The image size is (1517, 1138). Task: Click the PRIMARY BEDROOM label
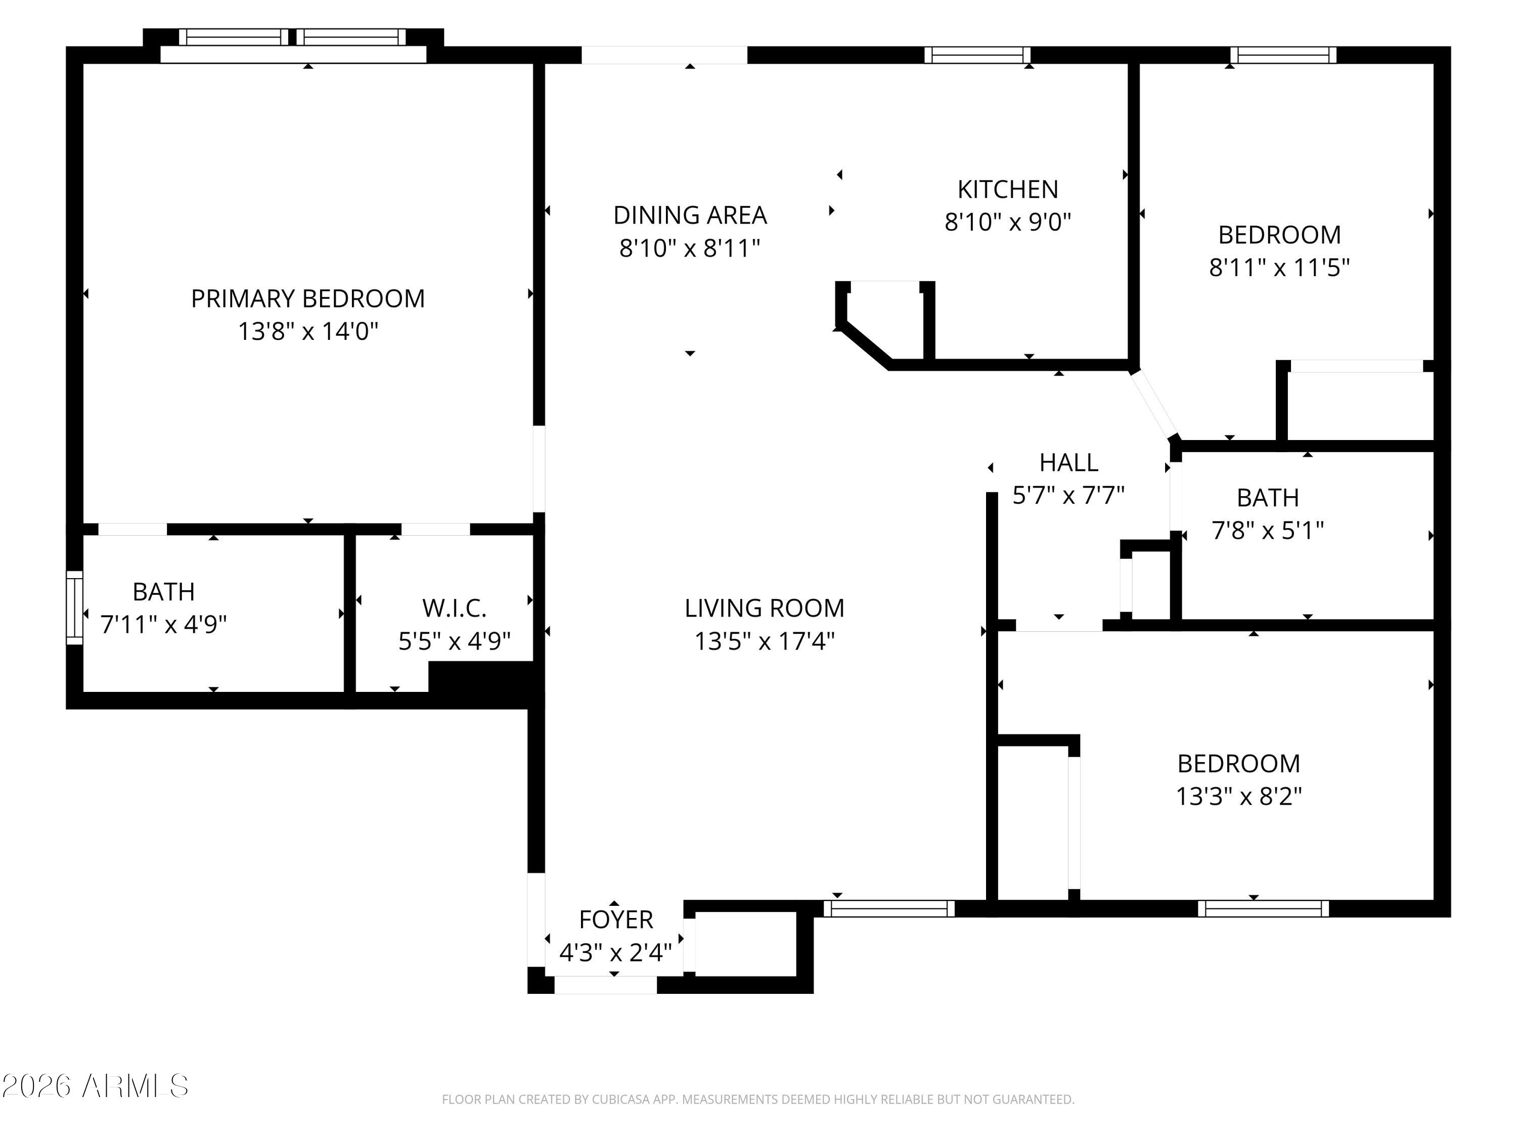pyautogui.click(x=308, y=298)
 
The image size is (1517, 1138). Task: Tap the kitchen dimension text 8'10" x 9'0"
pyautogui.click(x=1007, y=222)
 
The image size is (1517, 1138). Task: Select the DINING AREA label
pyautogui.click(x=690, y=215)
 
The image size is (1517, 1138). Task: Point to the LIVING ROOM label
pyautogui.click(x=764, y=608)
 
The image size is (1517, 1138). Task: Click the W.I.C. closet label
pyautogui.click(x=454, y=608)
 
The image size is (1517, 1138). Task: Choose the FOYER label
pyautogui.click(x=616, y=919)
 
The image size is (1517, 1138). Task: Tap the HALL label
pyautogui.click(x=1068, y=462)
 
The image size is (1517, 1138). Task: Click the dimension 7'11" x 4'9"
pyautogui.click(x=163, y=624)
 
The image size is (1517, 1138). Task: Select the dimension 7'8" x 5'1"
pyautogui.click(x=1267, y=530)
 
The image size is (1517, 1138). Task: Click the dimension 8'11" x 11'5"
pyautogui.click(x=1279, y=268)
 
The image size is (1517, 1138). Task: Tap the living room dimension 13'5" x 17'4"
pyautogui.click(x=764, y=641)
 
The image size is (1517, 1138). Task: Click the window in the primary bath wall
pyautogui.click(x=74, y=608)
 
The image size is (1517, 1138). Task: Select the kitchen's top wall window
pyautogui.click(x=977, y=55)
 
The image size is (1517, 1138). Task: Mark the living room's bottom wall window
pyautogui.click(x=889, y=908)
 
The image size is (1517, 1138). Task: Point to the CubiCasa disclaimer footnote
pyautogui.click(x=758, y=1100)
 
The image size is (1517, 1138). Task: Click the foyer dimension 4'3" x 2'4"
pyautogui.click(x=616, y=952)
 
